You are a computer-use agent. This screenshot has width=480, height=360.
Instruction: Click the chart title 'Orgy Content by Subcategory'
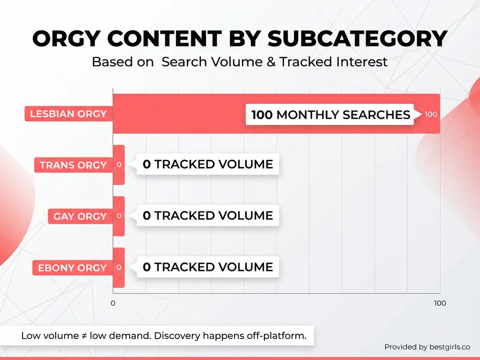(x=240, y=39)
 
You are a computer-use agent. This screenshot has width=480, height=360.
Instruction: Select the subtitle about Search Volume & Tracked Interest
(x=240, y=62)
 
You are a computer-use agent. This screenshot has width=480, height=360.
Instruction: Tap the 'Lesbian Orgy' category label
(x=68, y=114)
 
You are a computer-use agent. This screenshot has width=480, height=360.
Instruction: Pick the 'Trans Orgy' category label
(x=73, y=165)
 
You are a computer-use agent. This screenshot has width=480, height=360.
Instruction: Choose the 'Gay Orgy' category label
(x=80, y=217)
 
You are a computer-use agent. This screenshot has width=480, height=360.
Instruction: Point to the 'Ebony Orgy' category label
(x=72, y=268)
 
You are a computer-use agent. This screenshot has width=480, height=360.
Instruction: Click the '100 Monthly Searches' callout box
(x=330, y=115)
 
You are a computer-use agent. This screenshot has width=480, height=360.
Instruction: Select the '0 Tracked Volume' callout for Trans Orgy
(x=208, y=165)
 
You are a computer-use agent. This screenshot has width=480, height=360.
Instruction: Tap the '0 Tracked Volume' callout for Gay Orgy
(x=208, y=216)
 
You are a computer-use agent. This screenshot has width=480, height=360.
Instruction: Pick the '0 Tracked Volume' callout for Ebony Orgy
(x=208, y=267)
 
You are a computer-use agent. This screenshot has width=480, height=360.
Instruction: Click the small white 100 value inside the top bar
(x=431, y=114)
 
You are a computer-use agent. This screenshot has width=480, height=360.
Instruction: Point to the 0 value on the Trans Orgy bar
(x=119, y=165)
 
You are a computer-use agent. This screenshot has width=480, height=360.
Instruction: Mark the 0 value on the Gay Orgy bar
(x=119, y=216)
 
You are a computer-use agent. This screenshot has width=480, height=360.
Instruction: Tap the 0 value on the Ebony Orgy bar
(x=119, y=268)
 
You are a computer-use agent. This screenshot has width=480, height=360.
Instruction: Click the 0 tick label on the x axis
(x=113, y=303)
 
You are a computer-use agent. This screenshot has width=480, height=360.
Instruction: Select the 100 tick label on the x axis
(x=440, y=303)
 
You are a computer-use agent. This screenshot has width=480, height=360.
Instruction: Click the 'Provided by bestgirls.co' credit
(x=427, y=347)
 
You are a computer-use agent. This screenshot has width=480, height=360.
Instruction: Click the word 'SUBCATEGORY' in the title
(x=357, y=39)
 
